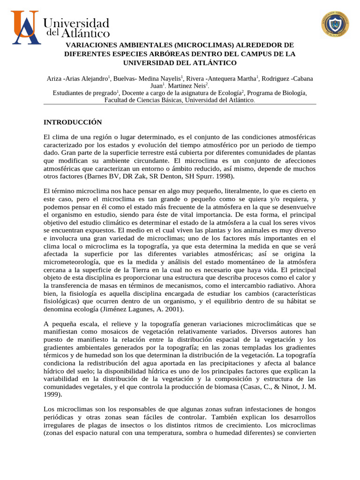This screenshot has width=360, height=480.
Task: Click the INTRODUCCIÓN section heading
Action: [x=73, y=122]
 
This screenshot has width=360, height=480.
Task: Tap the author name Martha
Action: [x=244, y=78]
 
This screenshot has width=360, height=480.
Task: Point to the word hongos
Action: [x=305, y=409]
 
